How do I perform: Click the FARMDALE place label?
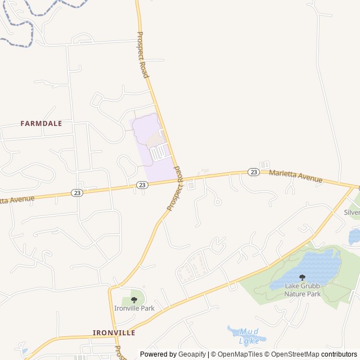[41, 123]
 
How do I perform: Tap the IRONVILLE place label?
[114, 332]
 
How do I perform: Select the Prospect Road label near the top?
[143, 55]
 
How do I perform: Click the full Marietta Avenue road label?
[295, 176]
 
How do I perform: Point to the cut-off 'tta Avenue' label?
[17, 199]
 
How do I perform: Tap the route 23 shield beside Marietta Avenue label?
[254, 172]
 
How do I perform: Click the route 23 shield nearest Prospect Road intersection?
[142, 184]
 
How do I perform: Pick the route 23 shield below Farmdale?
[76, 192]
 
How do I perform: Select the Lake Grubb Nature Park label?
[302, 290]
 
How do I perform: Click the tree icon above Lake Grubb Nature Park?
[302, 277]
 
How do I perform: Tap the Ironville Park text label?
[134, 308]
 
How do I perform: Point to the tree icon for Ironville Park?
[134, 300]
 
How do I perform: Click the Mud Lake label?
[249, 336]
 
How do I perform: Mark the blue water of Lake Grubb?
[315, 264]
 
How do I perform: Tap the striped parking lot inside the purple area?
[159, 151]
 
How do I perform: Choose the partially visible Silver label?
[352, 213]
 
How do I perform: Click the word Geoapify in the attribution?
[192, 354]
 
